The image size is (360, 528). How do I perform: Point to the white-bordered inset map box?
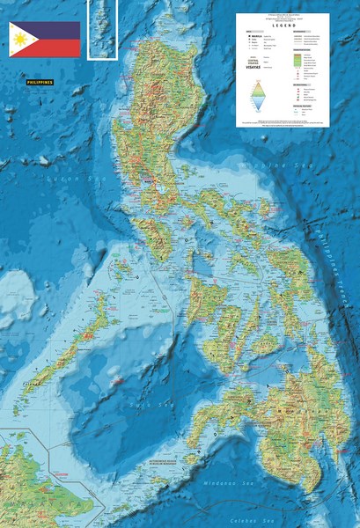pos(102,29)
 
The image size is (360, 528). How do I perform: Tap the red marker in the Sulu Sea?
pos(114,381)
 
